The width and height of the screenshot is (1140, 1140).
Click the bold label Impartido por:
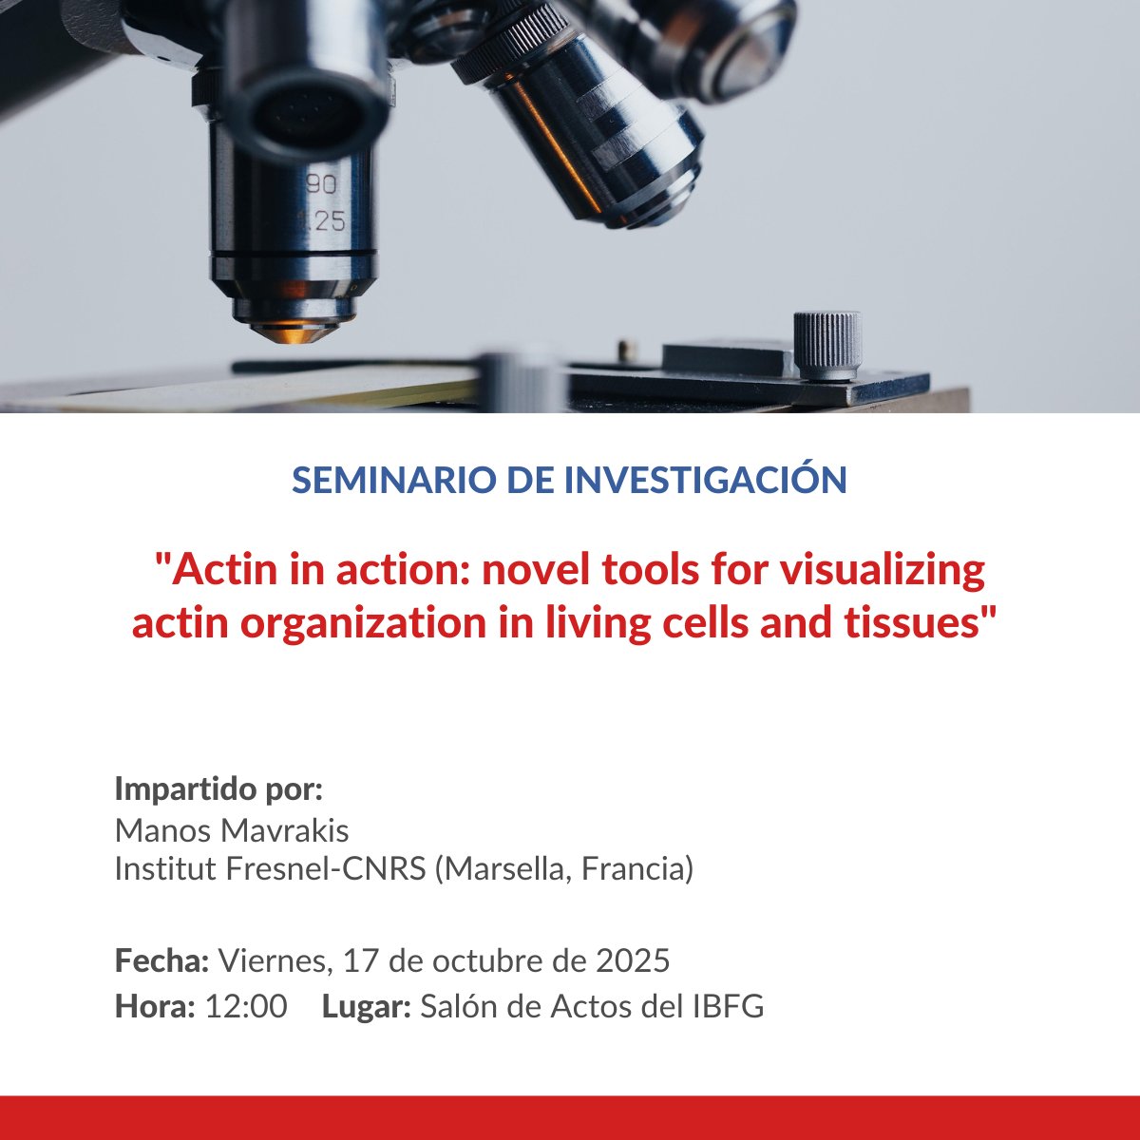pos(218,789)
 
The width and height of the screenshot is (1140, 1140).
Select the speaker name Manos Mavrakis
pos(232,831)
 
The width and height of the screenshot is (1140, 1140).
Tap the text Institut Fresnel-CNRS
pos(270,869)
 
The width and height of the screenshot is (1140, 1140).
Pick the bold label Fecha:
pos(161,960)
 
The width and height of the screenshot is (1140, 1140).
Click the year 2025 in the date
pos(633,960)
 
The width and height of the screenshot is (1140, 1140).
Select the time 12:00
pos(246,1006)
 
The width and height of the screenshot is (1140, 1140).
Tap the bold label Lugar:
pos(366,1006)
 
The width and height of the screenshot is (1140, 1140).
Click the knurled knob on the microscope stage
pos(827,344)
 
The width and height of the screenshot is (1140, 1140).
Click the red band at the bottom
pos(570,1117)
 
